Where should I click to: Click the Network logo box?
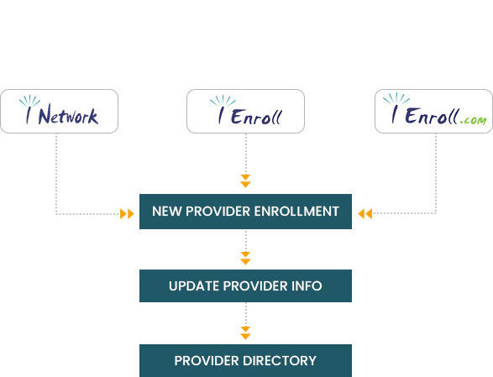click(x=59, y=112)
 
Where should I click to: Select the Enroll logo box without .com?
click(x=245, y=112)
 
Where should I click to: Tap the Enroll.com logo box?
click(x=433, y=112)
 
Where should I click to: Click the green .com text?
click(x=473, y=120)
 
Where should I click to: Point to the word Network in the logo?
click(x=68, y=115)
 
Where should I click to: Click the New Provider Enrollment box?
click(x=245, y=212)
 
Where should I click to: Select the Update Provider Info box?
click(x=245, y=285)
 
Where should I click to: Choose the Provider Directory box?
click(x=245, y=361)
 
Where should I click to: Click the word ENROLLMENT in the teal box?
click(x=296, y=212)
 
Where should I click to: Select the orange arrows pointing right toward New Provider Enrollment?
click(x=127, y=214)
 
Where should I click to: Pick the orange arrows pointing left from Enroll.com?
click(x=365, y=214)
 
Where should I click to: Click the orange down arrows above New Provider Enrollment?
click(x=245, y=181)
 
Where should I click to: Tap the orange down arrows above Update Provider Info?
click(x=245, y=258)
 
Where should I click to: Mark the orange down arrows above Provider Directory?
click(x=245, y=333)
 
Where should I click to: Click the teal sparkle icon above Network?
click(x=29, y=102)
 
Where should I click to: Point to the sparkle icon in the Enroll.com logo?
click(x=396, y=99)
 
